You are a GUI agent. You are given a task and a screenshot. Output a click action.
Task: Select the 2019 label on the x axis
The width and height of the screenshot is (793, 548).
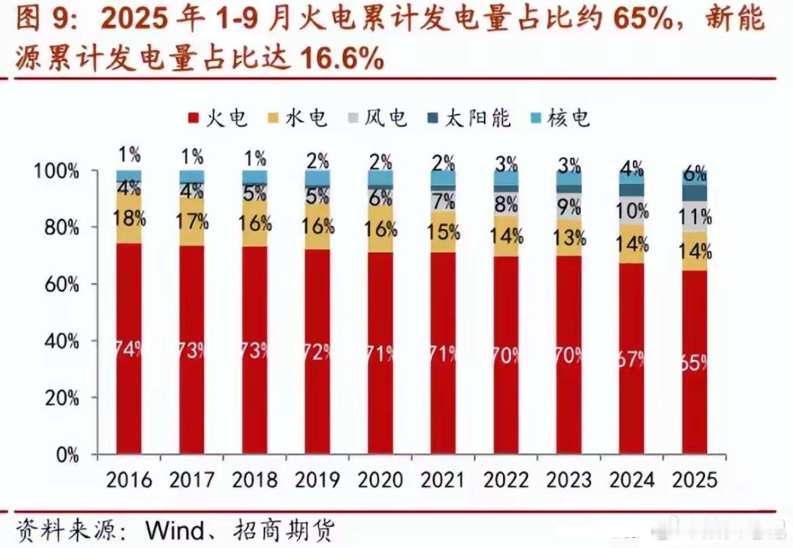click(317, 480)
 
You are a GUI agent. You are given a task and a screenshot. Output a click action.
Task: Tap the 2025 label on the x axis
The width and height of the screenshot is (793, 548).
click(695, 480)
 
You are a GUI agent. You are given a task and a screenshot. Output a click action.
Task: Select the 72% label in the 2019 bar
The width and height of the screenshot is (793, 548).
click(317, 351)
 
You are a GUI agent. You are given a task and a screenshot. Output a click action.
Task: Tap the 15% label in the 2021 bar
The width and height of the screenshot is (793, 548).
click(443, 231)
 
